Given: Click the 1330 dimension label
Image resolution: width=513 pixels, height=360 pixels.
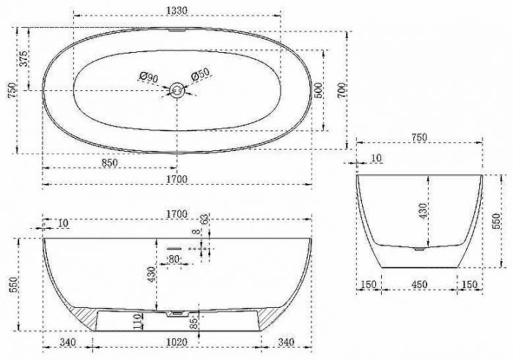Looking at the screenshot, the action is (177, 10).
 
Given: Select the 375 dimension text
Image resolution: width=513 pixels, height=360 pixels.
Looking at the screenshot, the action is (23, 59).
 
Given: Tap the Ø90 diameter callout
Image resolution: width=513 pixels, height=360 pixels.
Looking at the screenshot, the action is (149, 77).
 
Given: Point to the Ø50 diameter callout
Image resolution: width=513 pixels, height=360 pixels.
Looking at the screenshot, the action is (200, 75).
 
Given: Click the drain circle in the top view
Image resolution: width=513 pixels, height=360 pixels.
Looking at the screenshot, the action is (177, 90).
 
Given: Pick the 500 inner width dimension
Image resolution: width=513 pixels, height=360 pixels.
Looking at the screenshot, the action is (318, 90).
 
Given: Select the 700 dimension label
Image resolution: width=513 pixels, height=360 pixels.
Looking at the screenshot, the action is (342, 90).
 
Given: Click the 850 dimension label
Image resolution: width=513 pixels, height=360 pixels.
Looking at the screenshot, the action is (109, 163).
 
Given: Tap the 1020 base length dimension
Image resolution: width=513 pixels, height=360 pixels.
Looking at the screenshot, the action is (177, 342).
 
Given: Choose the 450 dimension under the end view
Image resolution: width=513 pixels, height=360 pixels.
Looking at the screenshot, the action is (419, 284).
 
